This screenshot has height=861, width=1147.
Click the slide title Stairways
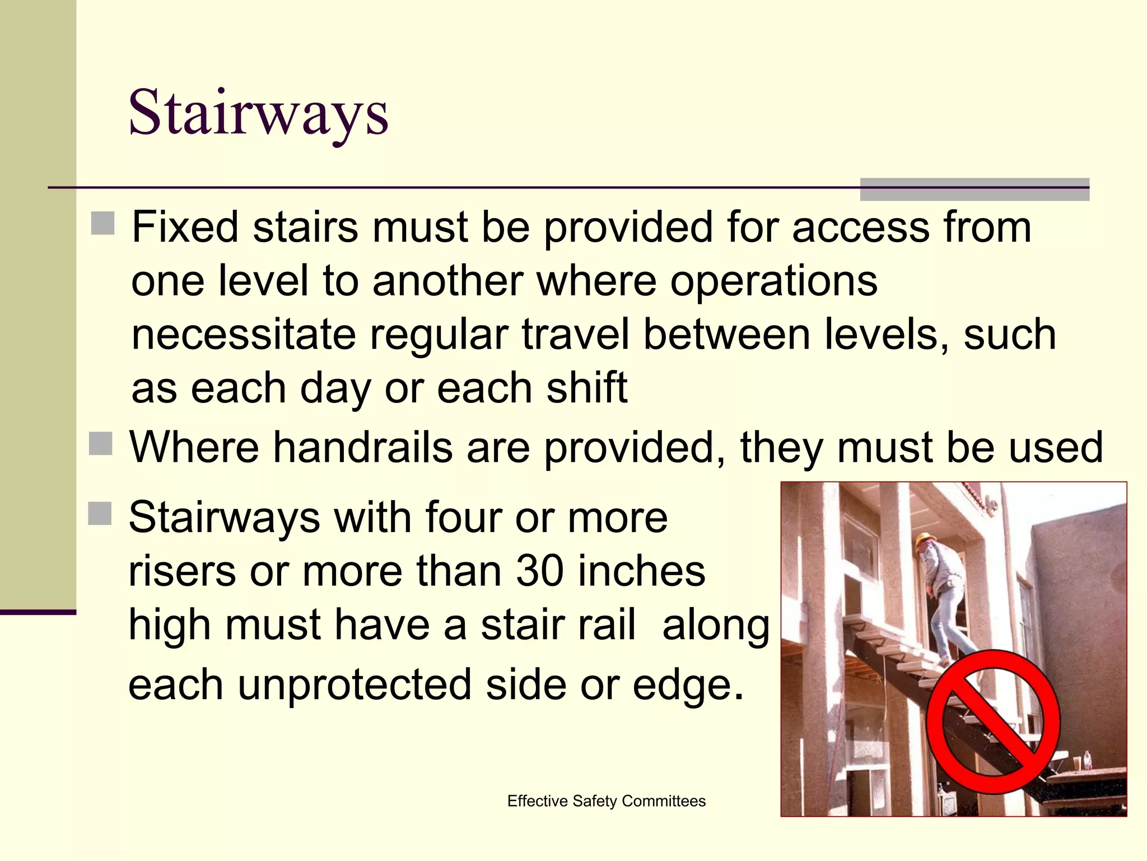click(x=258, y=114)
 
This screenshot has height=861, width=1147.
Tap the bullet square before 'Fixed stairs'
click(x=102, y=224)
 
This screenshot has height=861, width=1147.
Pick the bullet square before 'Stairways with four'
click(x=100, y=513)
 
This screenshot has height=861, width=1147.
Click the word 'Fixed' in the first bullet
click(x=185, y=227)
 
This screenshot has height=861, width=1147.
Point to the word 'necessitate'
click(x=244, y=335)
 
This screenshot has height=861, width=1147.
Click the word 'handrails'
click(x=363, y=447)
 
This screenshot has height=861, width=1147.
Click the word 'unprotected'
click(x=355, y=684)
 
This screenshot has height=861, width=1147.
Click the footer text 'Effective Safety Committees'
click(x=606, y=801)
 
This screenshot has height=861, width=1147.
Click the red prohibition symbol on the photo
click(x=992, y=721)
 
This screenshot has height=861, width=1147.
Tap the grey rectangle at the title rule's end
click(x=975, y=189)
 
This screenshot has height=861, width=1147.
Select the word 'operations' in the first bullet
click(x=774, y=281)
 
